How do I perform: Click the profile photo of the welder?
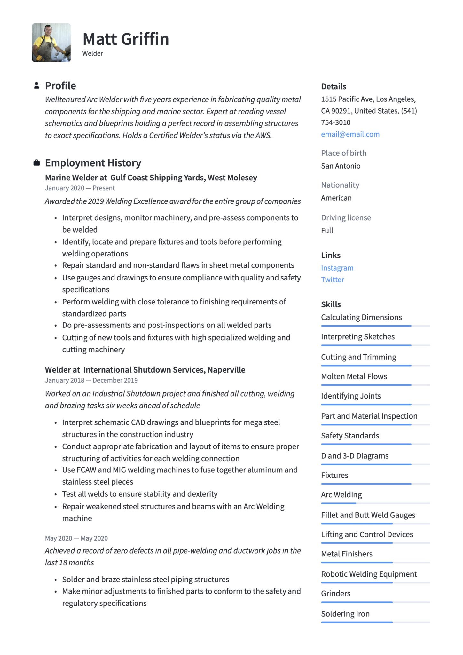click(x=51, y=43)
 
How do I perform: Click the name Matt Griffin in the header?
click(x=126, y=39)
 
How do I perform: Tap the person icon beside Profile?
click(x=37, y=85)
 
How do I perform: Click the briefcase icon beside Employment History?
click(x=37, y=163)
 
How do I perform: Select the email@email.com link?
click(x=350, y=134)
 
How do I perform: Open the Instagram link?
click(x=337, y=268)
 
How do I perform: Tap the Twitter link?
click(x=333, y=280)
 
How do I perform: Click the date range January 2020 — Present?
click(x=80, y=188)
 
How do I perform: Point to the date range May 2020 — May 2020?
click(x=76, y=538)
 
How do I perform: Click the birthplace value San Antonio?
click(x=341, y=166)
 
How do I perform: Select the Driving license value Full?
click(x=327, y=231)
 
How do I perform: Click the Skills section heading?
click(x=331, y=304)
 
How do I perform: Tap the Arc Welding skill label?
click(x=341, y=495)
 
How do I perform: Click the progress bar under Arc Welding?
click(x=339, y=503)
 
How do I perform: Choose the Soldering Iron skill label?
click(x=345, y=614)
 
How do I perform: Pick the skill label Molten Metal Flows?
click(x=354, y=376)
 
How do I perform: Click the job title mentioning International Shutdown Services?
click(x=145, y=370)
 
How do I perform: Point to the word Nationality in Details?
click(x=340, y=185)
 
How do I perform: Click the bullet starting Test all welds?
click(x=140, y=494)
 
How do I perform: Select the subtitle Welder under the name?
click(x=92, y=53)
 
